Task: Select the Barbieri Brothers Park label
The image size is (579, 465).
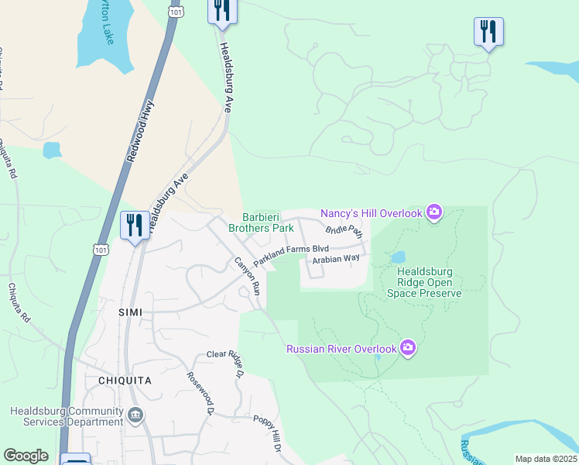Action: coord(261,223)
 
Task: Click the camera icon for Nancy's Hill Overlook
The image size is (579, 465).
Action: coord(434,213)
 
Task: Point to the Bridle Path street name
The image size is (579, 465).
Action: coord(344,229)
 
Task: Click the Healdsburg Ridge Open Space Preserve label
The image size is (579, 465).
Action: coord(429,282)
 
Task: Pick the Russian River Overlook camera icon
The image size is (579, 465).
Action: coord(408,349)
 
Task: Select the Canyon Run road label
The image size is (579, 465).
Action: coord(247,275)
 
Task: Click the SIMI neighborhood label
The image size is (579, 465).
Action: coord(131,311)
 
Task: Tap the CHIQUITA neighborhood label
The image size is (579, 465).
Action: coord(125,381)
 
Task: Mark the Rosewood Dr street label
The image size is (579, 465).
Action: coord(199,392)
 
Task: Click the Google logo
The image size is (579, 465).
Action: coord(26,456)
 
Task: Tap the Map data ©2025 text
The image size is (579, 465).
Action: coord(545,459)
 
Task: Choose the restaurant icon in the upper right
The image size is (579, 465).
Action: coord(488,32)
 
